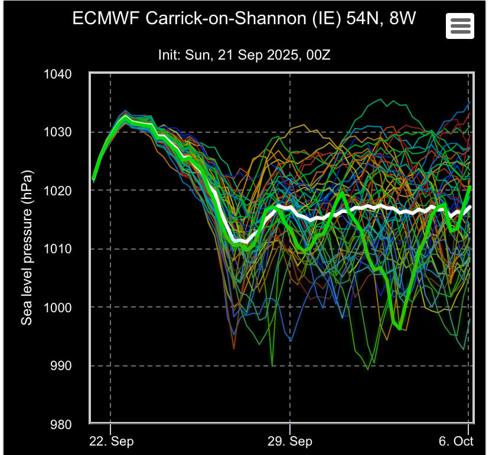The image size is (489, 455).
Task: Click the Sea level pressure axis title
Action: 27,248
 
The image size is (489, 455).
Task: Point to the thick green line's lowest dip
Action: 400,328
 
